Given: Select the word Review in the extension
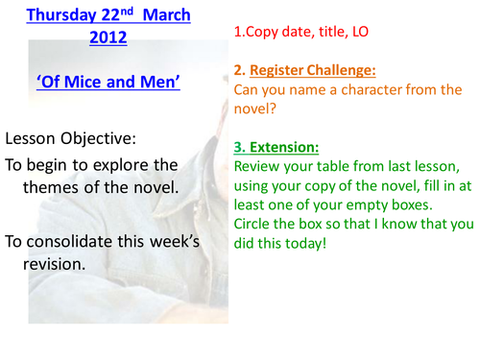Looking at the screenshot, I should click(x=257, y=167).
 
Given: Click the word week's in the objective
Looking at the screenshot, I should click(x=169, y=239).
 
